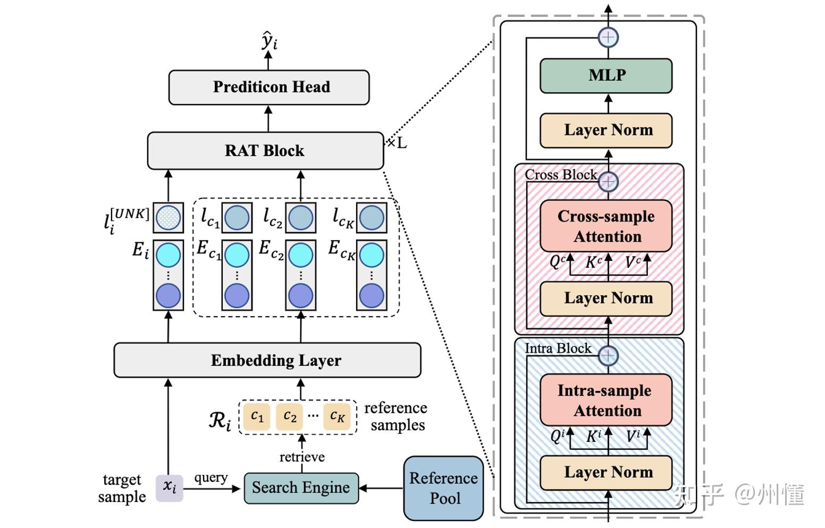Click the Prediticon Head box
269,87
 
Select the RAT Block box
265,151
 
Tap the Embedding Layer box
267,360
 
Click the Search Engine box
301,488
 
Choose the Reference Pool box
443,488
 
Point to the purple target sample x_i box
169,487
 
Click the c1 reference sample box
257,416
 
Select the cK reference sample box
337,416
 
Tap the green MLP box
606,75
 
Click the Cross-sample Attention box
606,226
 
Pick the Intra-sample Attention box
606,400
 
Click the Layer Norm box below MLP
606,130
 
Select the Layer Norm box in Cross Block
606,299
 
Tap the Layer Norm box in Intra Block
606,472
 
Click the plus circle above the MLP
608,37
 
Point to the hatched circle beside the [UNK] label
169,217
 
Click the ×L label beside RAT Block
397,143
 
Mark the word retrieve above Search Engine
302,457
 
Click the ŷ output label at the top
270,40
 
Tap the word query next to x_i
211,478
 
